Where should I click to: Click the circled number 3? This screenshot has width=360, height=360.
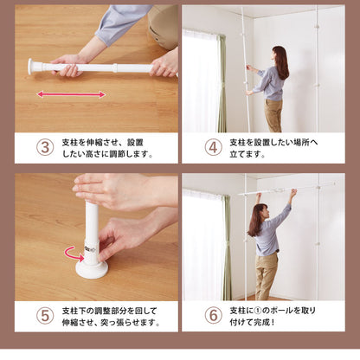click(x=45, y=147)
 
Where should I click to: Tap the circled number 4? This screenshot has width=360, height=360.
click(x=213, y=147)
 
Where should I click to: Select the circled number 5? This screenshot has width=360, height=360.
click(x=45, y=316)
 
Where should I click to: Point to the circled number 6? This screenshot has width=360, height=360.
click(x=213, y=316)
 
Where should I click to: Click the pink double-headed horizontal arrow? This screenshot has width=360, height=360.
click(x=71, y=94)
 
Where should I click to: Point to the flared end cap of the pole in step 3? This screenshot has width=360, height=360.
click(x=31, y=67)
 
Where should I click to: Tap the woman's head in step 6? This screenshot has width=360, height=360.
click(x=260, y=214)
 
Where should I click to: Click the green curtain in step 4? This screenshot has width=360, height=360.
click(x=222, y=84)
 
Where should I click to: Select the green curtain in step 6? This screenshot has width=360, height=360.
click(x=227, y=248)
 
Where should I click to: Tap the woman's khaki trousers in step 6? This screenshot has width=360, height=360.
click(x=266, y=277)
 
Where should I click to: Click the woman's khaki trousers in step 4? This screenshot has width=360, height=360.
click(x=273, y=115)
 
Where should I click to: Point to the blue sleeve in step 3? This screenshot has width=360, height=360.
click(x=121, y=23)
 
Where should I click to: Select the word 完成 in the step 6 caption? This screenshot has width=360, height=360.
click(x=261, y=322)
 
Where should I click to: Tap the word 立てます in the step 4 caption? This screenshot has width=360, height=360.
click(x=247, y=154)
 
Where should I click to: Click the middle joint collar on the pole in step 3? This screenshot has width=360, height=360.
click(x=115, y=68)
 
